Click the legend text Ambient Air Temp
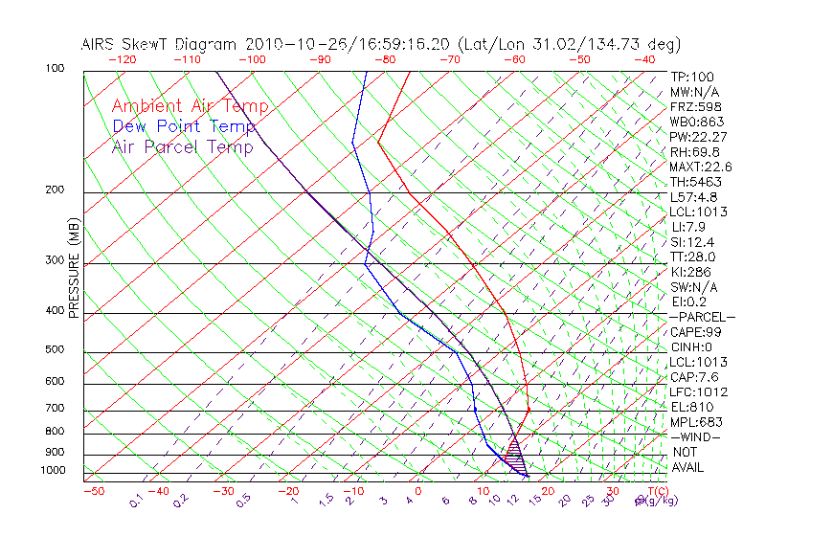190,106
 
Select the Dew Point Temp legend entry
184,126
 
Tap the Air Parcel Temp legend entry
182,146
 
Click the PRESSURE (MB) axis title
75,268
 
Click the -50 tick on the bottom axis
93,492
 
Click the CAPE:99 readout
695,332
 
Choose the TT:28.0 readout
693,257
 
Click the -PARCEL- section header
702,317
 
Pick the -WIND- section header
695,437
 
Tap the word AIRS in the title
100,44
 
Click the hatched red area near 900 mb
514,446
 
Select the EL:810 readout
689,407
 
